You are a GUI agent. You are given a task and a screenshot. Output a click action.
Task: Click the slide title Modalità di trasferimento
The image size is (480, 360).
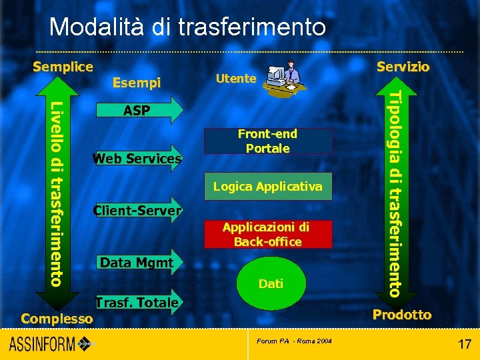click(187, 27)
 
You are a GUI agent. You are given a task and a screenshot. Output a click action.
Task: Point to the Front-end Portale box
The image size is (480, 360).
click(267, 141)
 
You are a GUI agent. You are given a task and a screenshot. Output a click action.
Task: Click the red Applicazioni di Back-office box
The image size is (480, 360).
click(267, 235)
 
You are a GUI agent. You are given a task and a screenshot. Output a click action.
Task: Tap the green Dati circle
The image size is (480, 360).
click(271, 284)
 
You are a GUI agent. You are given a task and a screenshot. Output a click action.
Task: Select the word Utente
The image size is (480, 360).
click(236, 79)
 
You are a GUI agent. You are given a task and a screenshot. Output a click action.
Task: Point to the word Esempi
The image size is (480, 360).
click(137, 83)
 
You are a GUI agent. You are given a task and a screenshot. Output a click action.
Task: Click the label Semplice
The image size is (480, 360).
click(63, 67)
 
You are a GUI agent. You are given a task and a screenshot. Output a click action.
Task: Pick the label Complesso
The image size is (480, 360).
click(57, 319)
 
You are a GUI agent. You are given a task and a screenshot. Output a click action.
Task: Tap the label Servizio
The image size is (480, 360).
click(403, 67)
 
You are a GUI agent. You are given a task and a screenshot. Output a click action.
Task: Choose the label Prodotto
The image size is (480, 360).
click(401, 315)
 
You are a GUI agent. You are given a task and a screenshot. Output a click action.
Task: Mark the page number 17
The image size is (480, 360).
click(464, 345)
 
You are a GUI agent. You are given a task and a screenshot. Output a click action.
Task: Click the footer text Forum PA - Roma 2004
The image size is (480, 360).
click(294, 341)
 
